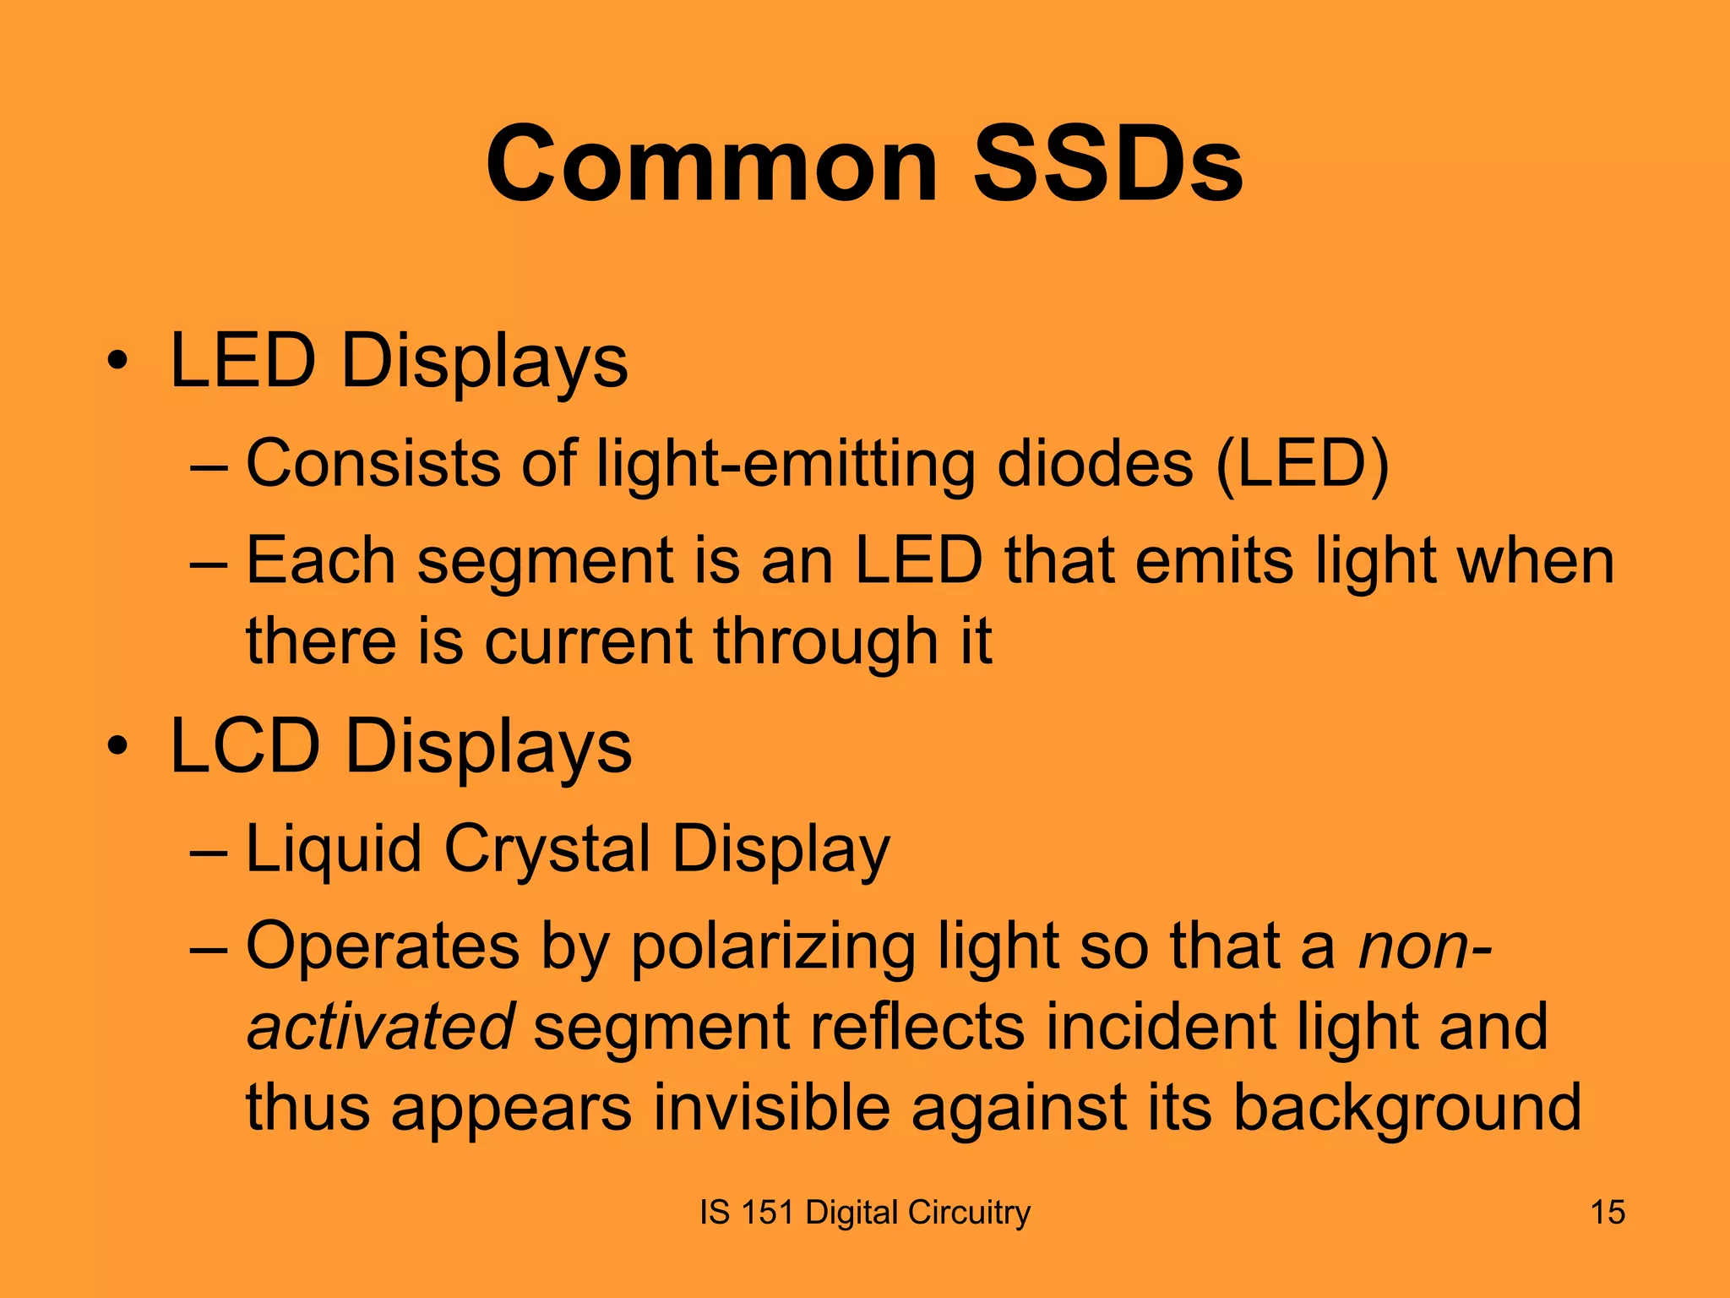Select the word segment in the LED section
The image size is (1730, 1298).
pyautogui.click(x=545, y=563)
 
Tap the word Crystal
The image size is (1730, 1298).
pyautogui.click(x=547, y=849)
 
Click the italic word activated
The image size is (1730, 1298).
pyautogui.click(x=380, y=1027)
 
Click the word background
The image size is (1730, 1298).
pyautogui.click(x=1406, y=1109)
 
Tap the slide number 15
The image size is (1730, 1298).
pyautogui.click(x=1608, y=1213)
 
